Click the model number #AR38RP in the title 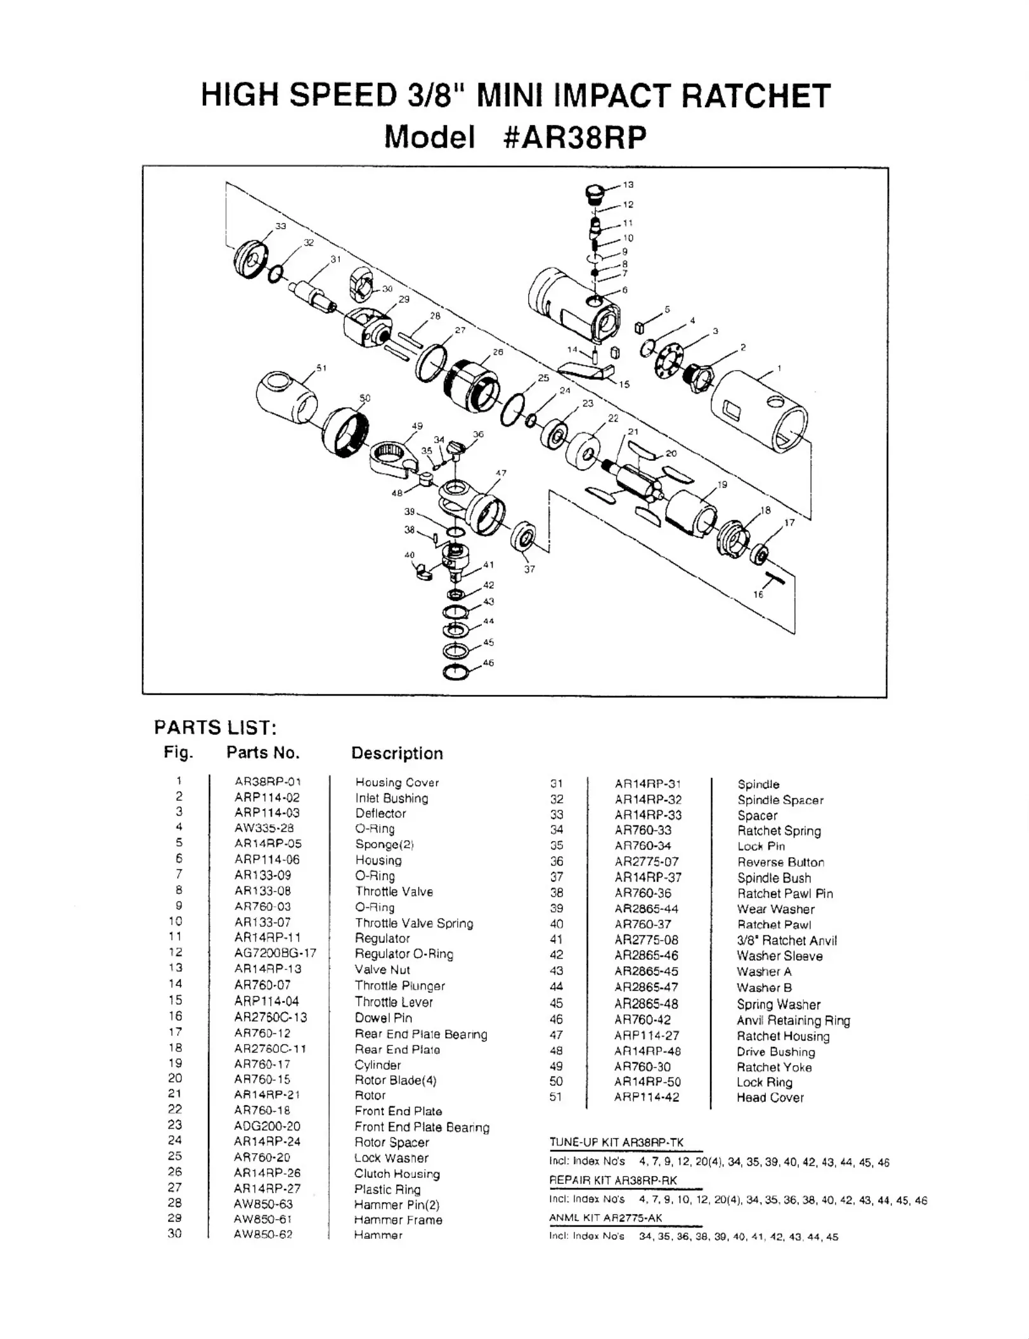(574, 137)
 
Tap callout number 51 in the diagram (321, 368)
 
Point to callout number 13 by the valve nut (628, 185)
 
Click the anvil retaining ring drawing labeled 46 (455, 673)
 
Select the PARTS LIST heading (216, 727)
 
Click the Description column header (397, 753)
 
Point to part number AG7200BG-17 (275, 953)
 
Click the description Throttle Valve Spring (414, 923)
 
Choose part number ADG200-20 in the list (267, 1126)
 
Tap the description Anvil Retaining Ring (793, 1020)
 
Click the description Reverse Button (780, 862)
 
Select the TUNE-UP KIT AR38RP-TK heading (616, 1142)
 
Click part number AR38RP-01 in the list (268, 782)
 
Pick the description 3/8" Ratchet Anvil (786, 940)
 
